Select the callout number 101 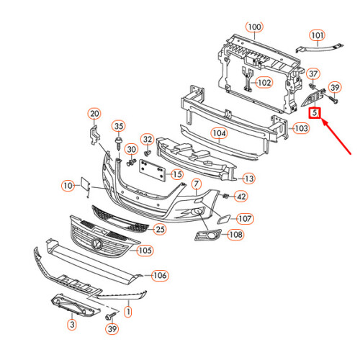click(318, 35)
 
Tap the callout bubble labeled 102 click(264, 83)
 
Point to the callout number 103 click(302, 128)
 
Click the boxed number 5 click(315, 112)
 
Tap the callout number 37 click(313, 74)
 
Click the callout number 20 click(94, 113)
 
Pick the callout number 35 click(120, 126)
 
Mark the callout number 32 click(147, 139)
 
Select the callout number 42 click(241, 196)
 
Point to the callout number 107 click(245, 219)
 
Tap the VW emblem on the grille click(97, 246)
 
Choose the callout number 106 click(160, 275)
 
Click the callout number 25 click(160, 230)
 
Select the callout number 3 click(72, 325)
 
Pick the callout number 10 click(68, 186)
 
